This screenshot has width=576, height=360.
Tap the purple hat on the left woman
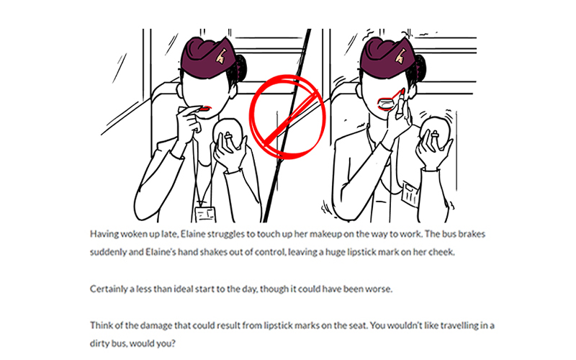pyautogui.click(x=207, y=60)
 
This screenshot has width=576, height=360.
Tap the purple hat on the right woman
pyautogui.click(x=386, y=59)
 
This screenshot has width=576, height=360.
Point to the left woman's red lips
pyautogui.click(x=207, y=108)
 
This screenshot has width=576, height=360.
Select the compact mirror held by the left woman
pyautogui.click(x=228, y=133)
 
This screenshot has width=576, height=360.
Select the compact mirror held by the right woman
pyautogui.click(x=436, y=133)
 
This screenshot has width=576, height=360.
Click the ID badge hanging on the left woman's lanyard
pyautogui.click(x=205, y=215)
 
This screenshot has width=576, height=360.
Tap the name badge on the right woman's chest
pyautogui.click(x=410, y=193)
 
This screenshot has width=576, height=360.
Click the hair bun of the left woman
pyautogui.click(x=240, y=68)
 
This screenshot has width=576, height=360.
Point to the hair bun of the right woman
pyautogui.click(x=420, y=68)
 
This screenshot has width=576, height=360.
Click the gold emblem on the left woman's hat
pyautogui.click(x=222, y=56)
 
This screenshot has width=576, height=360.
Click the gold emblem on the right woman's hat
pyautogui.click(x=400, y=56)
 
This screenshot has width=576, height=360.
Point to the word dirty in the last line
pyautogui.click(x=99, y=344)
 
